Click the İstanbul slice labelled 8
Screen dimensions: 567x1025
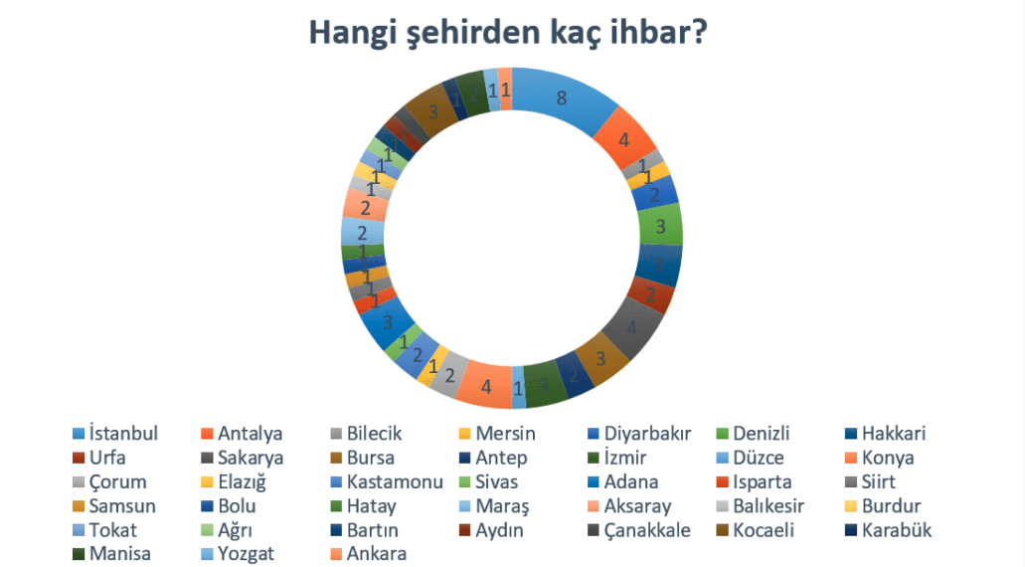[x=563, y=98]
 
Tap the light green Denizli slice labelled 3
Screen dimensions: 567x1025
[x=661, y=226]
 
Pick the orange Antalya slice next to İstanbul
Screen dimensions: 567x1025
[x=623, y=140]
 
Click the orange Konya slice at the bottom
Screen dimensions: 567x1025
[x=486, y=384]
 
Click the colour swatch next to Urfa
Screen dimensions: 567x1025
[x=78, y=458]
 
